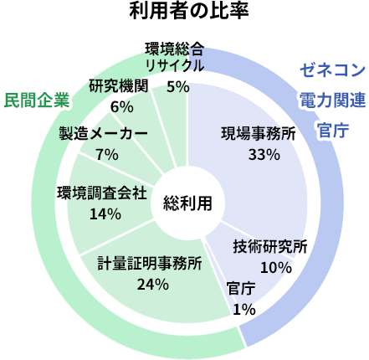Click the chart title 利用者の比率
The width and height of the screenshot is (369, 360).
pyautogui.click(x=189, y=11)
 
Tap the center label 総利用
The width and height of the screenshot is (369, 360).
pyautogui.click(x=187, y=203)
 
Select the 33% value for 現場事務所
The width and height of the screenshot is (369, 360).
pyautogui.click(x=264, y=154)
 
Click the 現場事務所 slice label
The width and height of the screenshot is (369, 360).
pyautogui.click(x=259, y=133)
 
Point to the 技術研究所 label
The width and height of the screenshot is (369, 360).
pyautogui.click(x=270, y=246)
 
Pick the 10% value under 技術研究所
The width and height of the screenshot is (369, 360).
pyautogui.click(x=276, y=267)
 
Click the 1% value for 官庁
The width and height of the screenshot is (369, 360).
pyautogui.click(x=244, y=309)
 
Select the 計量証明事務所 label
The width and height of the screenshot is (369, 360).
pyautogui.click(x=150, y=264)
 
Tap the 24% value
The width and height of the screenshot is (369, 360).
pyautogui.click(x=153, y=285)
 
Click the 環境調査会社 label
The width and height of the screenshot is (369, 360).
pyautogui.click(x=102, y=193)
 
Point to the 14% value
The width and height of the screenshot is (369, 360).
pyautogui.click(x=105, y=214)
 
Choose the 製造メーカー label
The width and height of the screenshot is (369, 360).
pyautogui.click(x=103, y=133)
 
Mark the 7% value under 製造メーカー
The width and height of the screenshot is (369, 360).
pyautogui.click(x=107, y=154)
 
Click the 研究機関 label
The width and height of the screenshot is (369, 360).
pyautogui.click(x=119, y=85)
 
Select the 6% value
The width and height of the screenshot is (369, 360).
pyautogui.click(x=122, y=106)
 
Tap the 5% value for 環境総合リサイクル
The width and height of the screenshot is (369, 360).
pyautogui.click(x=178, y=87)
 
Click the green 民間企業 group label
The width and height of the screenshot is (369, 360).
pyautogui.click(x=37, y=100)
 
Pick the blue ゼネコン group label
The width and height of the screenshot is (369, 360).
pyautogui.click(x=333, y=69)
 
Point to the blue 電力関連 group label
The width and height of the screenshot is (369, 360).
pyautogui.click(x=333, y=100)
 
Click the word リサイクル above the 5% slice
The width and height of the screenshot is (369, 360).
pyautogui.click(x=175, y=65)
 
